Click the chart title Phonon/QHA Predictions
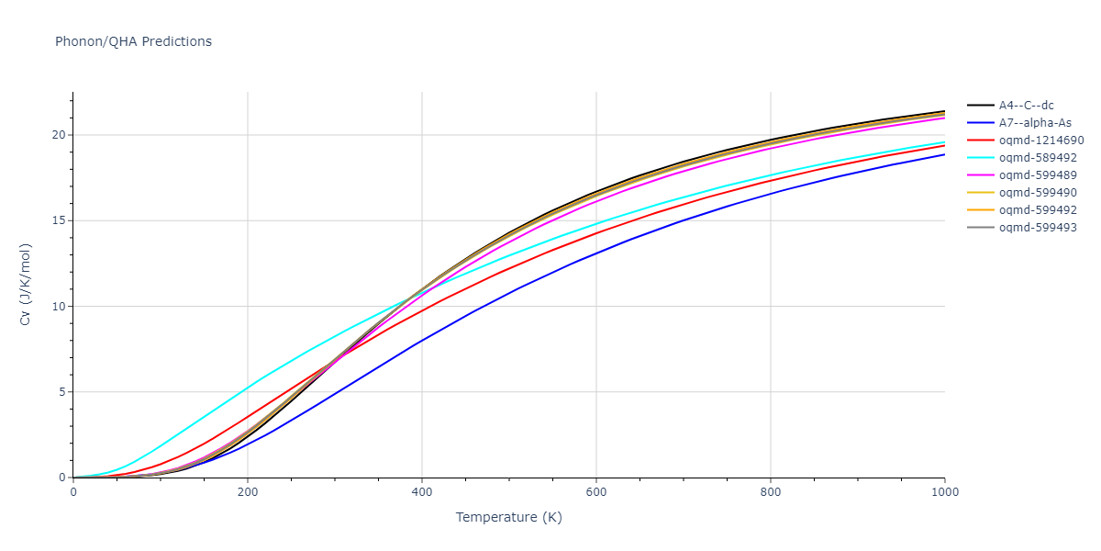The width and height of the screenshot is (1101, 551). (x=133, y=41)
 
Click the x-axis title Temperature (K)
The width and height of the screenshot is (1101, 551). (x=508, y=518)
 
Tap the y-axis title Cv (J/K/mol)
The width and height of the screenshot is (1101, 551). (x=25, y=285)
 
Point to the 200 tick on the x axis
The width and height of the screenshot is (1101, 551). (x=248, y=492)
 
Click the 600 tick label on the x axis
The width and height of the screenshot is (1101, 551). (x=596, y=492)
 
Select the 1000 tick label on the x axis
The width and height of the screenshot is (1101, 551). (x=945, y=492)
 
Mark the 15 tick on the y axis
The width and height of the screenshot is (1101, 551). (x=61, y=220)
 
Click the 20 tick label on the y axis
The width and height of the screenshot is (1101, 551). (x=61, y=135)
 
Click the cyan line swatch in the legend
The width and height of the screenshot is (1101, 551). (x=981, y=158)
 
